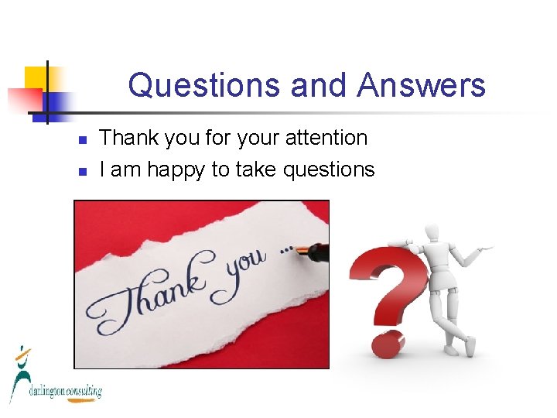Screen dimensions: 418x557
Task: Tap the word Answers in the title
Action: coord(422,85)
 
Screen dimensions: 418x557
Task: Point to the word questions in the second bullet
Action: coord(329,170)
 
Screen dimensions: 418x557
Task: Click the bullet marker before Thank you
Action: coord(81,140)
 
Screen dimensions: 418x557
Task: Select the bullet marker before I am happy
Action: coord(81,171)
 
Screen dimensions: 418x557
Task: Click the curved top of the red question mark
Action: coord(387,255)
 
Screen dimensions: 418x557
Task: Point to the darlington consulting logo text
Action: coord(66,392)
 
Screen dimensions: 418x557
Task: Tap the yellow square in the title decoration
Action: coord(37,77)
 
